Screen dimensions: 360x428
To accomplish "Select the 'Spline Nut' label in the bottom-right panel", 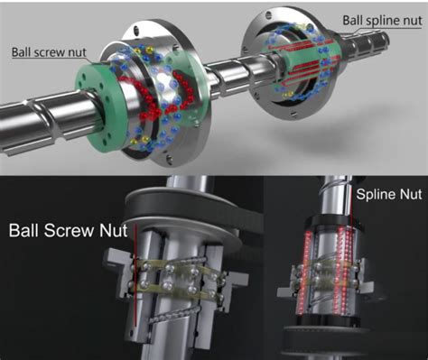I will pos(388,194).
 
